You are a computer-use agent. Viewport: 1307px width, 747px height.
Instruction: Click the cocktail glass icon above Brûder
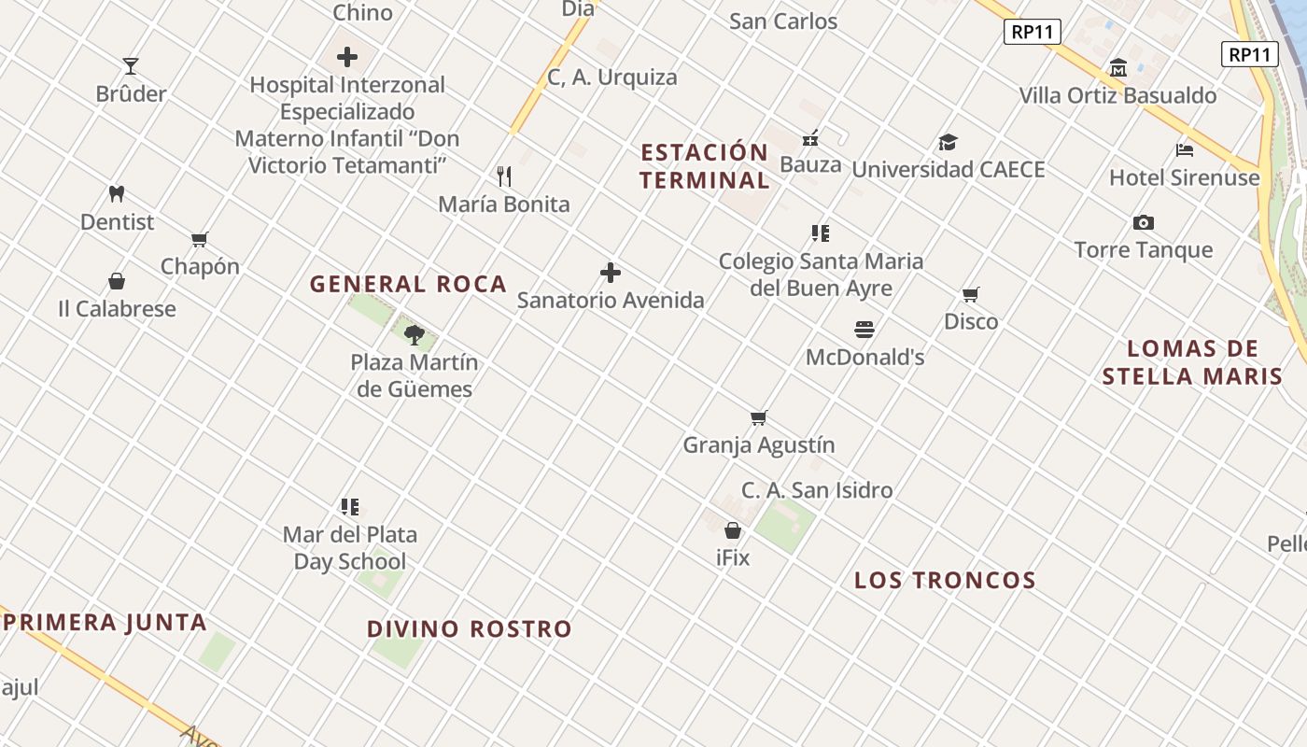click(x=131, y=65)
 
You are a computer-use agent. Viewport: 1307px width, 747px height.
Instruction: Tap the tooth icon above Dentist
click(x=117, y=194)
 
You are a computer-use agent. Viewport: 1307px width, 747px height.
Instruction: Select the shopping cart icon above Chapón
click(x=199, y=240)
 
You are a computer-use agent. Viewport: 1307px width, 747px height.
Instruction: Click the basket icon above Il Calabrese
click(x=117, y=281)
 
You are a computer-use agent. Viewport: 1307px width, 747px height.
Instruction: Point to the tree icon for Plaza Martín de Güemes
click(x=415, y=334)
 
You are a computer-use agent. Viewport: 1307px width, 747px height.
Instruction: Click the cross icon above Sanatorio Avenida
click(x=611, y=273)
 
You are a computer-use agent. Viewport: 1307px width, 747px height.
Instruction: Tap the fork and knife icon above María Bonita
click(x=504, y=176)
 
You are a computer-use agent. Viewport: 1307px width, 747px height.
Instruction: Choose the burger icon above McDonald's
click(x=864, y=330)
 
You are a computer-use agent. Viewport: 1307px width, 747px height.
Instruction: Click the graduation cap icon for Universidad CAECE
click(x=949, y=143)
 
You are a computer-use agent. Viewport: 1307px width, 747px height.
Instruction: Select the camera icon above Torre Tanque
click(x=1144, y=222)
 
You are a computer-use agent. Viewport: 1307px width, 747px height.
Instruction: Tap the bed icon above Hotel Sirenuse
click(x=1185, y=149)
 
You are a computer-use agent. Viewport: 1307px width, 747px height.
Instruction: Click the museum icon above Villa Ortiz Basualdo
click(x=1118, y=68)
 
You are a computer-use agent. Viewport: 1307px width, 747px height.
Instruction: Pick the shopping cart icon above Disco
click(x=971, y=295)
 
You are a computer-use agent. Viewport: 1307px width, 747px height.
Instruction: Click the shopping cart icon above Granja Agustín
click(x=759, y=417)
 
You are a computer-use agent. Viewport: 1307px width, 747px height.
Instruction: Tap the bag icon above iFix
click(x=733, y=530)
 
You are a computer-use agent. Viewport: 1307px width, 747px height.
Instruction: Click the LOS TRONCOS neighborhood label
click(x=945, y=580)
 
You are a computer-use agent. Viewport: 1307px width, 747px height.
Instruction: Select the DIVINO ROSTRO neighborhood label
click(x=469, y=628)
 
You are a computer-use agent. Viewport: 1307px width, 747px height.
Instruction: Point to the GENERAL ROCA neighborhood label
click(x=408, y=284)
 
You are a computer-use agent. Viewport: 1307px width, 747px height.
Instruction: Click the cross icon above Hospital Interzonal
click(x=347, y=57)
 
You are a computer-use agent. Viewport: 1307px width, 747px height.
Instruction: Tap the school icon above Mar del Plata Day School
click(x=350, y=507)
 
